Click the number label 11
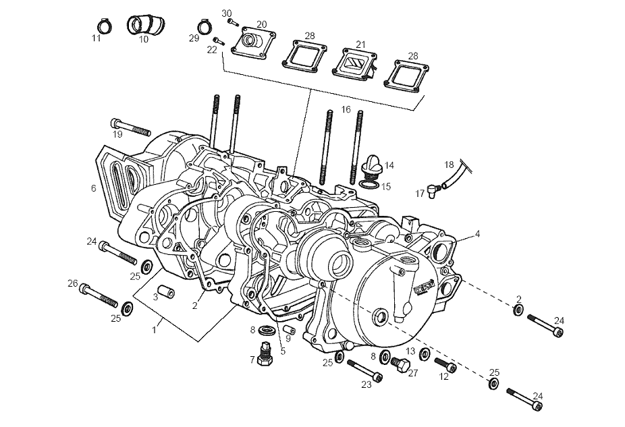coord(97,38)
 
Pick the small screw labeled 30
coord(233,22)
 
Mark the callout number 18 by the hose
coord(450,165)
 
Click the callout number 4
coord(477,234)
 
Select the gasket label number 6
coord(94,189)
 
